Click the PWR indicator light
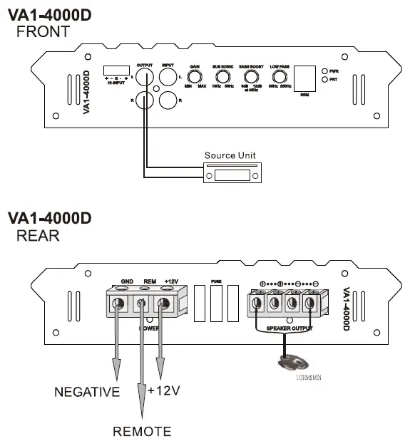point(325,72)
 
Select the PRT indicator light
point(325,80)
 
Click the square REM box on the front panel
point(304,76)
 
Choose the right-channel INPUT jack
point(168,101)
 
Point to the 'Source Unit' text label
point(230,155)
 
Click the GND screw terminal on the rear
point(118,303)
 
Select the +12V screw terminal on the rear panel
point(164,303)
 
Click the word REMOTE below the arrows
point(142,431)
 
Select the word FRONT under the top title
point(43,31)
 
